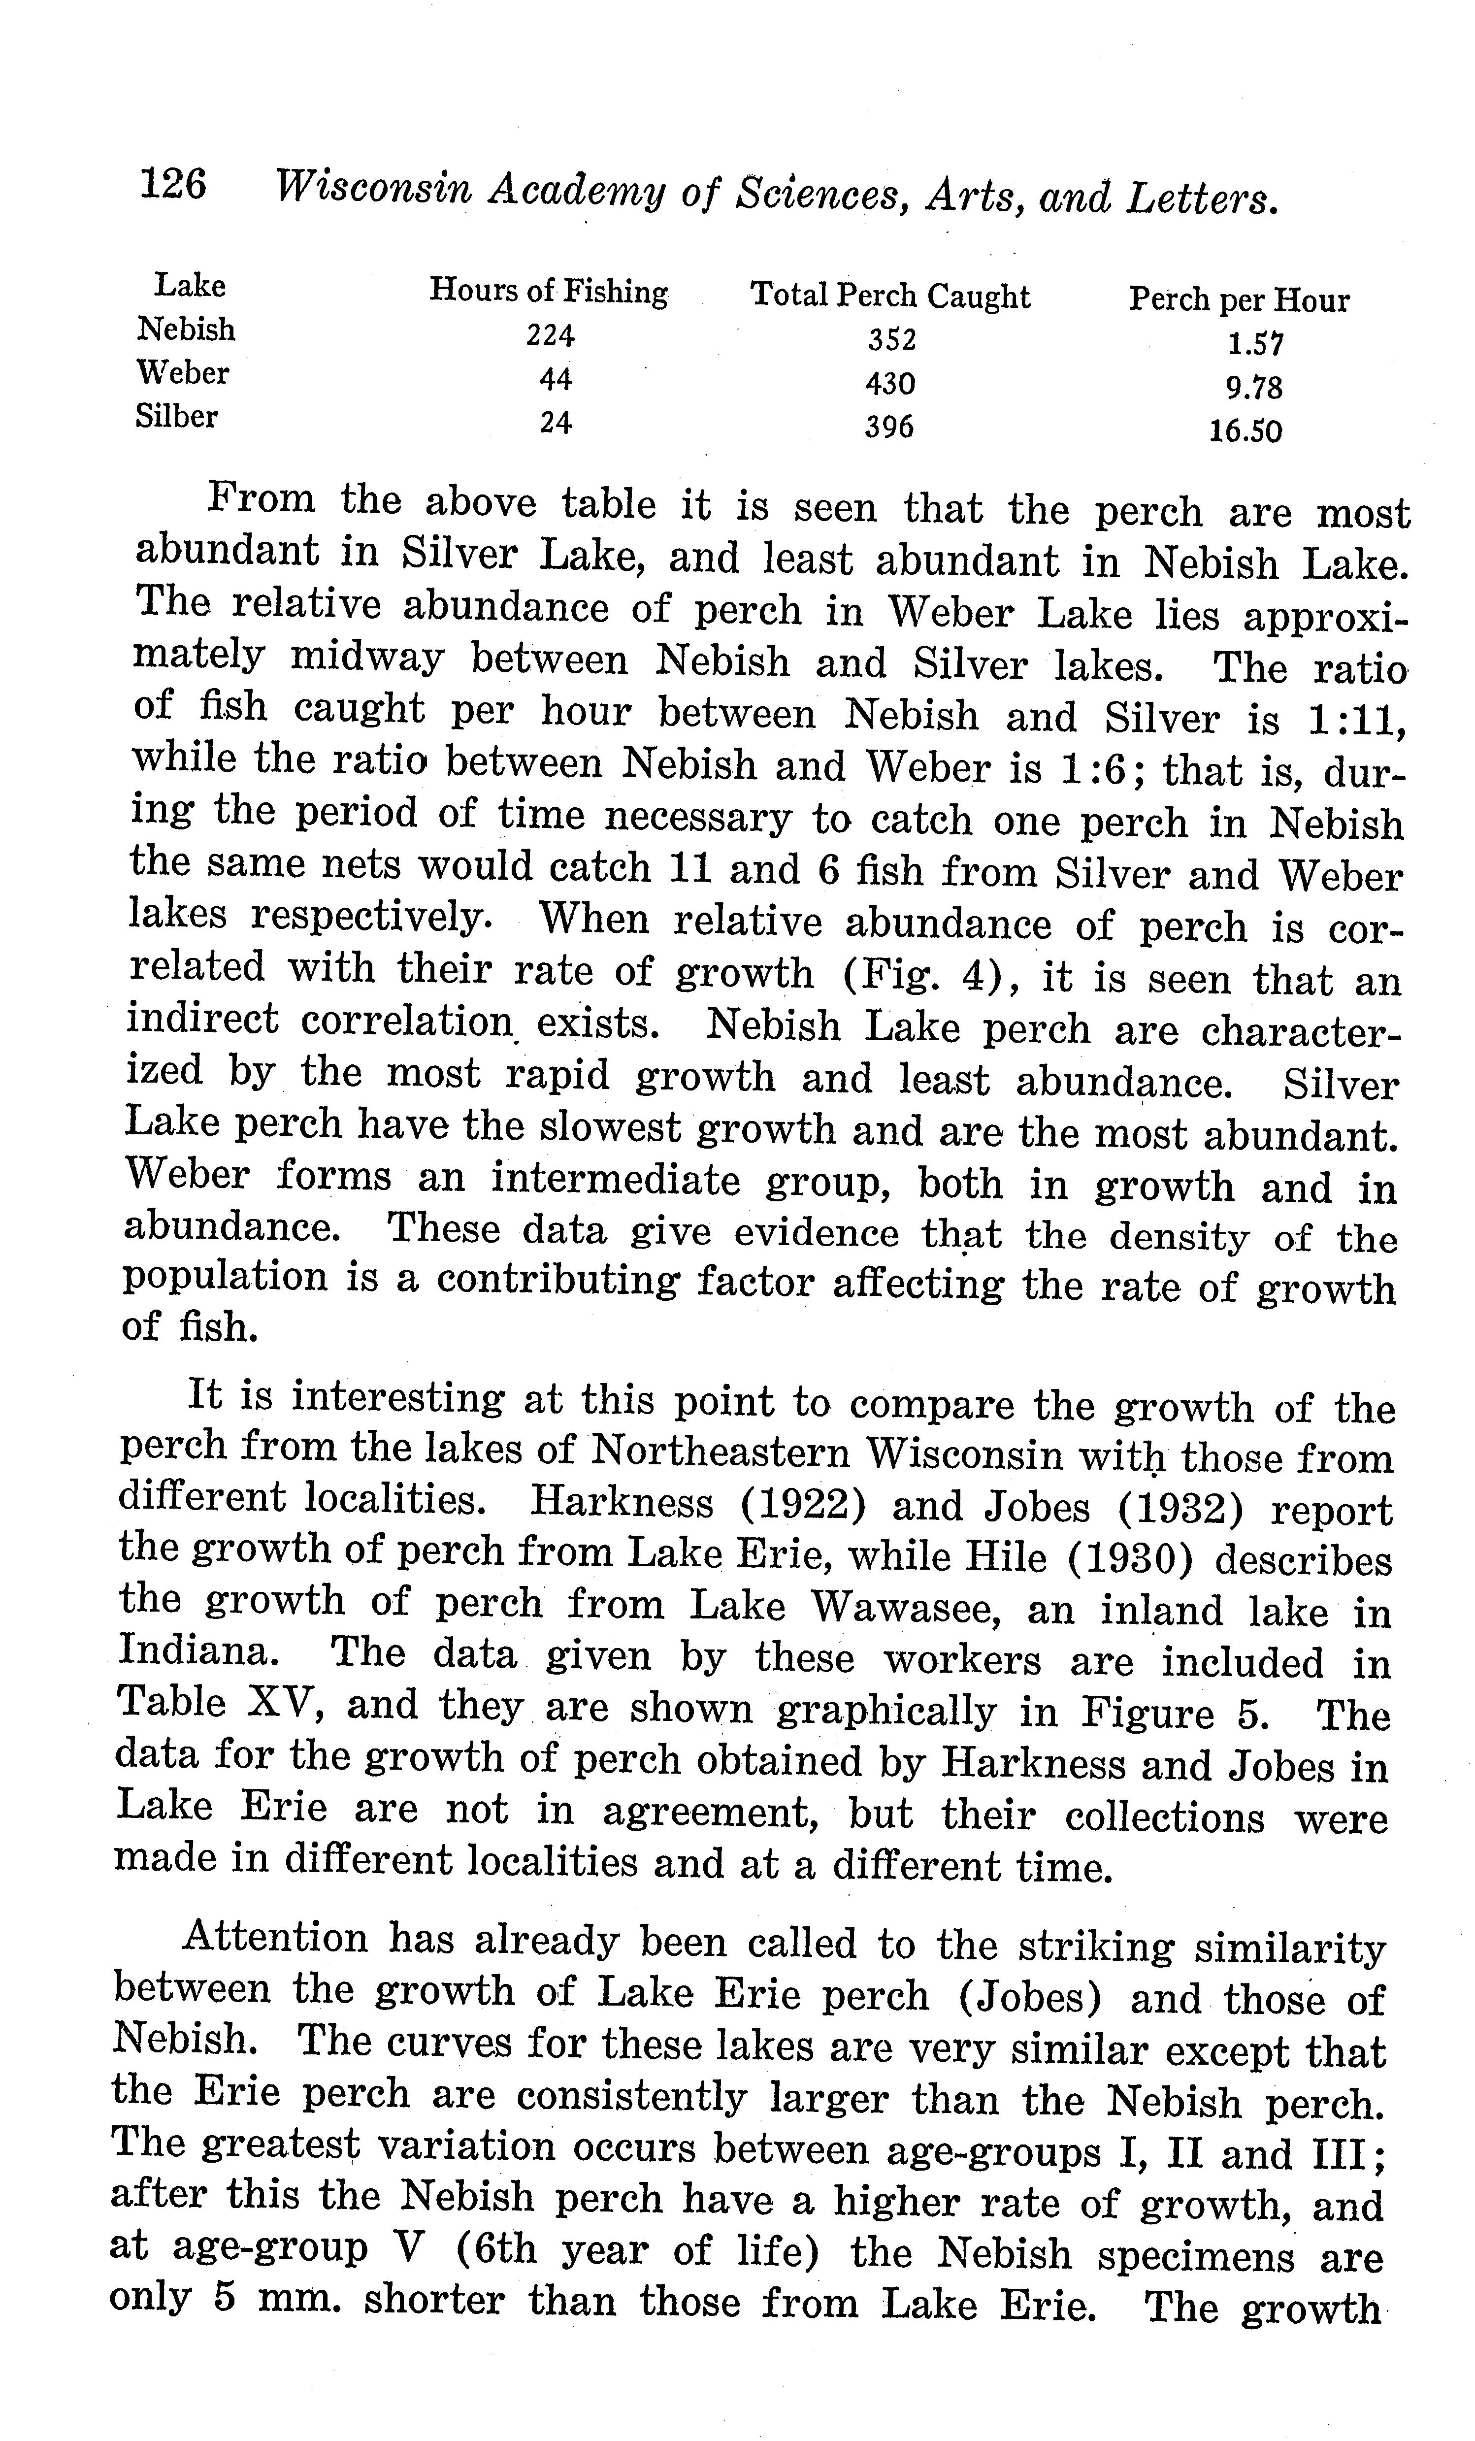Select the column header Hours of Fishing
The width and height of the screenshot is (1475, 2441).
point(548,291)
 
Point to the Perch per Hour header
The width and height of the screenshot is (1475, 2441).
point(1238,299)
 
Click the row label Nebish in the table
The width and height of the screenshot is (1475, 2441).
point(186,329)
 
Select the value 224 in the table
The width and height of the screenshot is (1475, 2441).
point(550,336)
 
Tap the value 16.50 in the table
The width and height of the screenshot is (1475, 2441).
point(1245,431)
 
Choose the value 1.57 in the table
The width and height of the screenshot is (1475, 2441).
point(1255,344)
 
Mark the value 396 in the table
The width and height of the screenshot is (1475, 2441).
point(888,427)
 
